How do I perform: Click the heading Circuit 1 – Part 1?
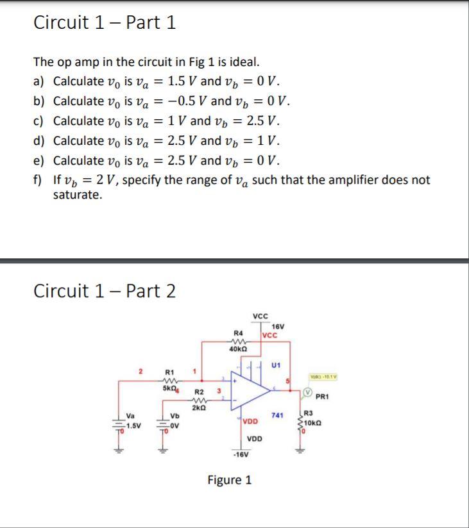click(x=105, y=23)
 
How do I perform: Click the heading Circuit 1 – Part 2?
click(x=105, y=291)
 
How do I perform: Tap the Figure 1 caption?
click(x=230, y=479)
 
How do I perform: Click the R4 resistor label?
click(x=237, y=333)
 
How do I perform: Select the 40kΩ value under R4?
click(x=239, y=349)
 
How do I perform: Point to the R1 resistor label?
click(x=169, y=372)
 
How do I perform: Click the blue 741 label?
click(x=277, y=416)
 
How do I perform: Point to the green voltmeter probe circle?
click(x=307, y=393)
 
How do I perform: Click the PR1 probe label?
click(x=323, y=397)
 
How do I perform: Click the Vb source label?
click(x=175, y=416)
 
